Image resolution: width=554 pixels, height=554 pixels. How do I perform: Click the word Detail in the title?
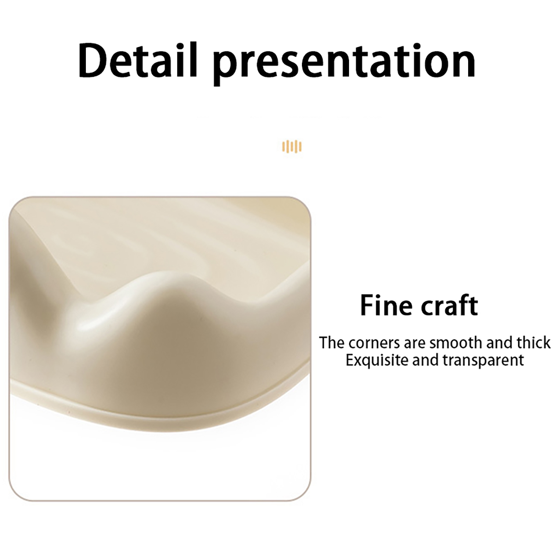137,60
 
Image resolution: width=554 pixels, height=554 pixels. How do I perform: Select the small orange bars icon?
292,146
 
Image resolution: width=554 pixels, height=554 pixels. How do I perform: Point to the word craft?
448,305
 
